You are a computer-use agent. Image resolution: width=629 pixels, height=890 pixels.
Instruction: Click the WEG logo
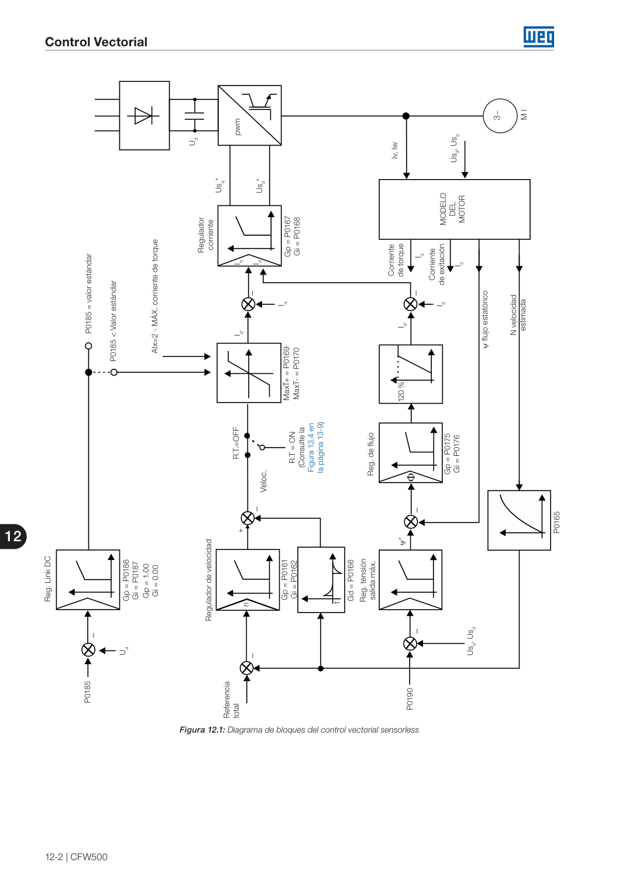point(538,37)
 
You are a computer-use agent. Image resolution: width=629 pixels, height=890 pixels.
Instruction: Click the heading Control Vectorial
point(96,42)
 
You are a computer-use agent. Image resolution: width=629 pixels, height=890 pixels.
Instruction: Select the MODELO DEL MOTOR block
point(454,209)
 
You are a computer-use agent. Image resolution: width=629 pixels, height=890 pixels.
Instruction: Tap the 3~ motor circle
point(500,116)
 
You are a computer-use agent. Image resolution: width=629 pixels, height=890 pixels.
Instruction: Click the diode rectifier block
point(145,116)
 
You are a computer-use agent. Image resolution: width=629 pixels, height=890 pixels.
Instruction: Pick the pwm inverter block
point(249,115)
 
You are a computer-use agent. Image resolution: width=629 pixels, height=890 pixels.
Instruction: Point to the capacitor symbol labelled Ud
point(194,116)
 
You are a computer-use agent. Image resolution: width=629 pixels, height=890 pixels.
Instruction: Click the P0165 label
point(556,522)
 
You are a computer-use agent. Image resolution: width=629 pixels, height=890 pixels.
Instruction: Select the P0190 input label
point(410,699)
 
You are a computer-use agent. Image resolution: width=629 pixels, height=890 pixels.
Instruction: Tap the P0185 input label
point(87,692)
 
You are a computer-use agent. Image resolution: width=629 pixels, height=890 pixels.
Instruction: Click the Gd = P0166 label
point(350,580)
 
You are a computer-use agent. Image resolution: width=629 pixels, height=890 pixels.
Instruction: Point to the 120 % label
point(401,390)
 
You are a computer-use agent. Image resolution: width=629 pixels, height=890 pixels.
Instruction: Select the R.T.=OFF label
point(236,444)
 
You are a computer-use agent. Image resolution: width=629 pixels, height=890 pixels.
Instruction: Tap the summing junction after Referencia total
point(247,668)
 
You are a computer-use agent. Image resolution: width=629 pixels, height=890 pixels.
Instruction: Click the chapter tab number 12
point(13,537)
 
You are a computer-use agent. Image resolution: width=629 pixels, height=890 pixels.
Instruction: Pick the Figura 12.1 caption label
point(202,730)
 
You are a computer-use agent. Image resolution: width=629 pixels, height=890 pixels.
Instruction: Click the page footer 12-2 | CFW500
point(76,857)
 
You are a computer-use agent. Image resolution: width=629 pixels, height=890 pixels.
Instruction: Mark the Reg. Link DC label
point(47,579)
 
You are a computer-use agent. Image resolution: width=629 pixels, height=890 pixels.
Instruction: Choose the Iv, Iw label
point(394,150)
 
